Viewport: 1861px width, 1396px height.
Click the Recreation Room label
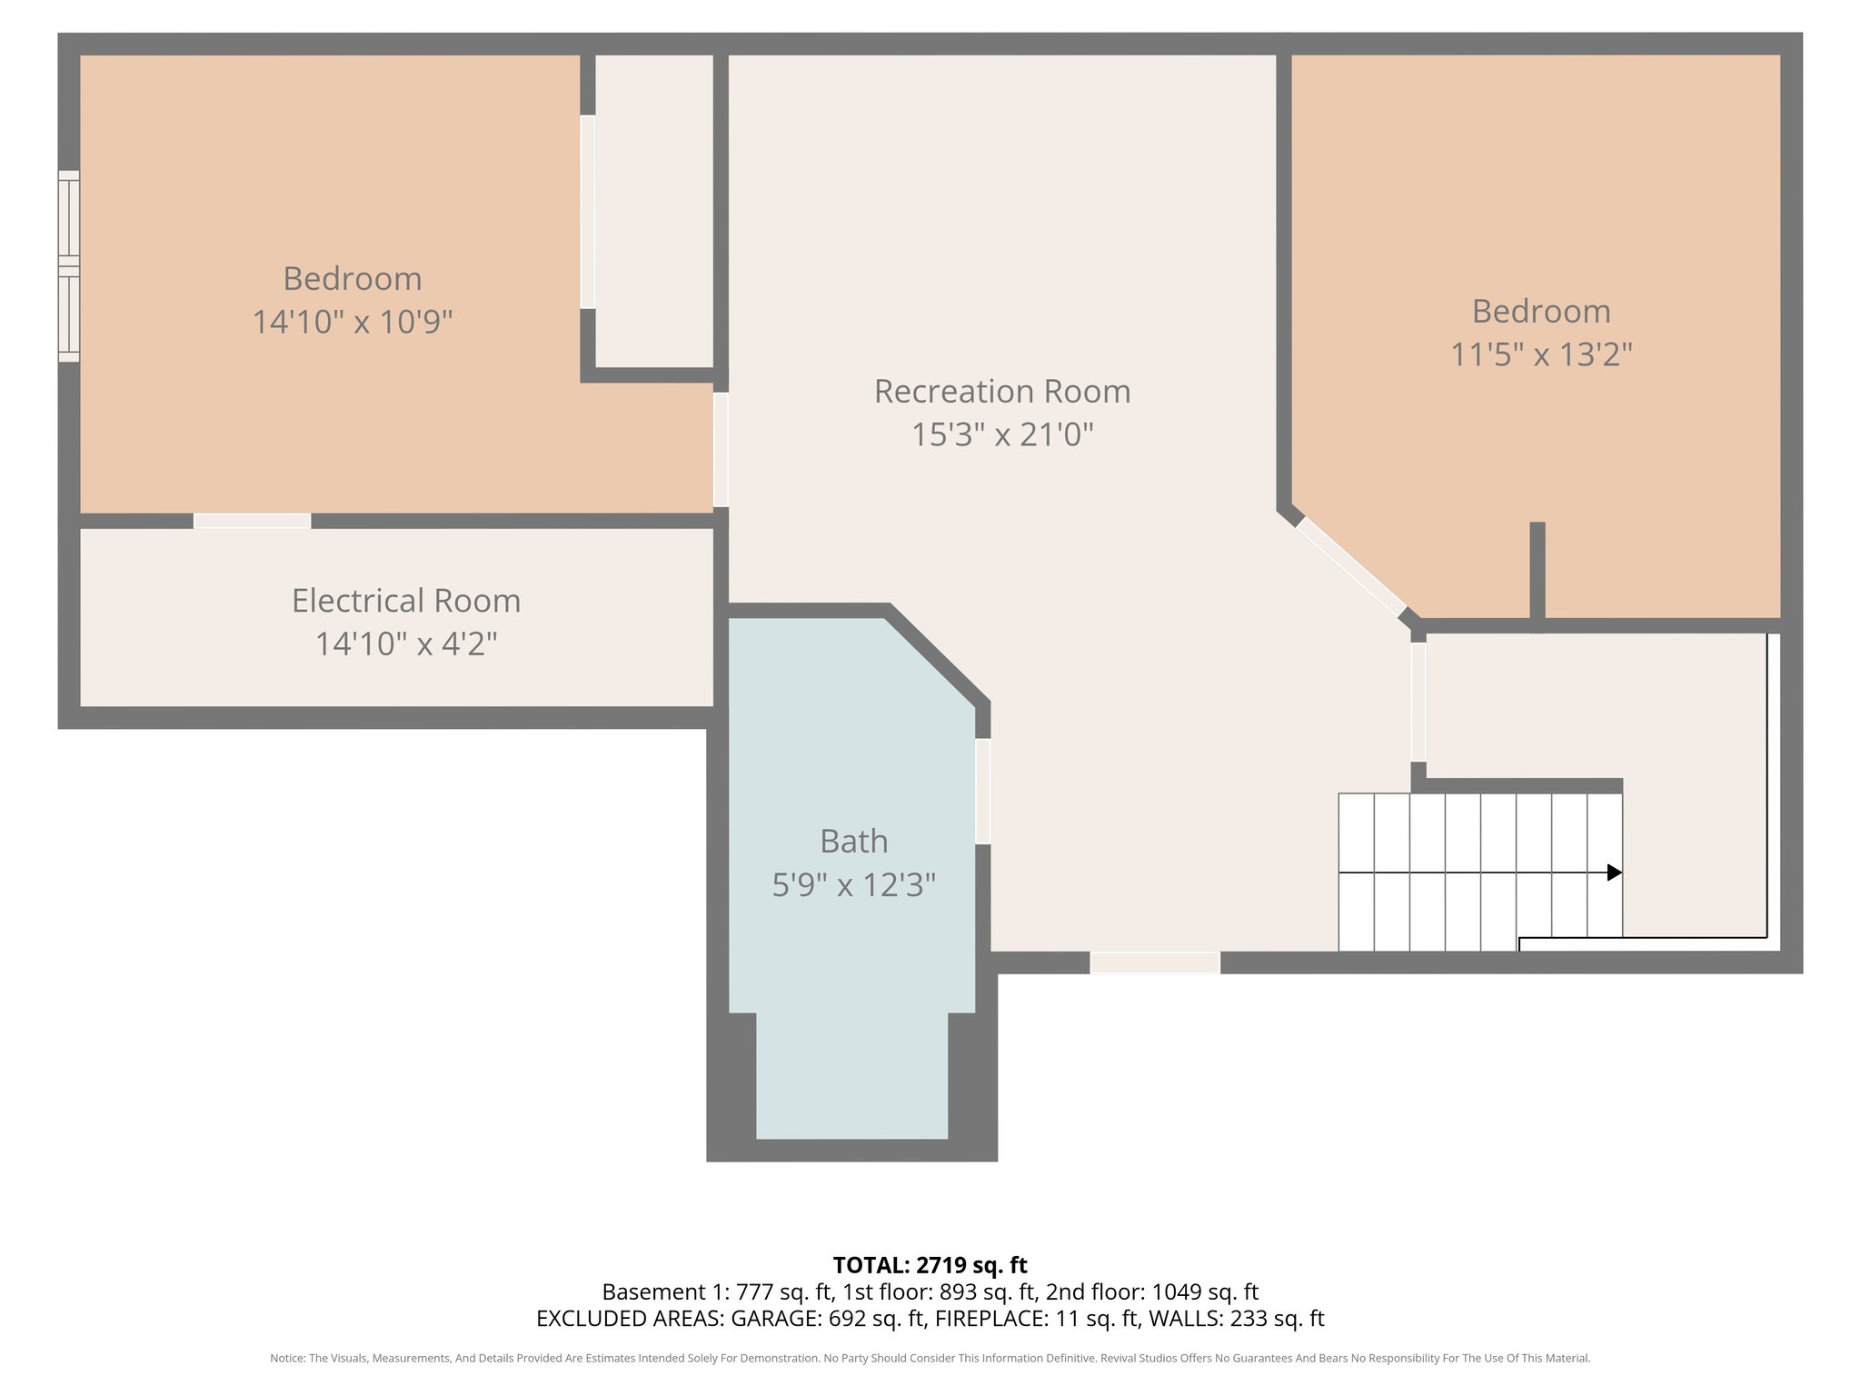click(x=1001, y=392)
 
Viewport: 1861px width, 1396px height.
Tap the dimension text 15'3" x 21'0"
click(x=1001, y=435)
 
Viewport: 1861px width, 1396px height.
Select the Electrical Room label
click(x=405, y=601)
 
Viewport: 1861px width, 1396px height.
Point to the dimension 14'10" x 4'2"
click(x=405, y=644)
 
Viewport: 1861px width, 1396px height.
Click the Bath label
click(x=853, y=842)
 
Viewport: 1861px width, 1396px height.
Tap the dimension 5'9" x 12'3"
click(x=853, y=885)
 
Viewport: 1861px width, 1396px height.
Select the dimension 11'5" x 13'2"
click(x=1540, y=354)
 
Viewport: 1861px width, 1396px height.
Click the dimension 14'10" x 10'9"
click(x=352, y=322)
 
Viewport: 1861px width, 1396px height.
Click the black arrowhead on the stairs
click(x=1614, y=872)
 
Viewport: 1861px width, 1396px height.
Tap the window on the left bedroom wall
click(x=69, y=266)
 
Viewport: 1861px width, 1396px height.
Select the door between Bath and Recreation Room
click(x=982, y=792)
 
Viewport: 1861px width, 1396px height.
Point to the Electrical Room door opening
click(x=252, y=521)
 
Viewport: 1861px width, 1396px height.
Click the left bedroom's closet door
click(x=588, y=212)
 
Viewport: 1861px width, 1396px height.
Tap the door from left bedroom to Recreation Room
click(x=721, y=449)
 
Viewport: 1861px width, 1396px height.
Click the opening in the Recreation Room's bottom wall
click(x=1154, y=962)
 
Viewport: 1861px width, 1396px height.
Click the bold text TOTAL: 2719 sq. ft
click(x=930, y=1265)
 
